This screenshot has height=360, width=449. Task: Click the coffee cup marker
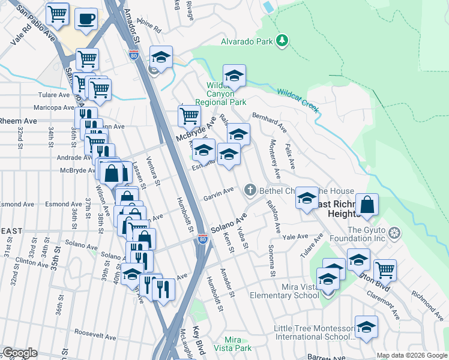tap(86, 19)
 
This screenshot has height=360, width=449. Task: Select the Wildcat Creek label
tap(297, 100)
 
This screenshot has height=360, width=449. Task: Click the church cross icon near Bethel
tap(251, 191)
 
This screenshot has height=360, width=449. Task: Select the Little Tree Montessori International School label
tap(313, 332)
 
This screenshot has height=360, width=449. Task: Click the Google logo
tap(19, 353)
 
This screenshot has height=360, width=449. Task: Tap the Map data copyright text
tap(412, 355)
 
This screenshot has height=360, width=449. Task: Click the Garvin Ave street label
tap(218, 194)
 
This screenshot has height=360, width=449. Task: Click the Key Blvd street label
tap(198, 338)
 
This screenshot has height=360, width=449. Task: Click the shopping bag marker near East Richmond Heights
tap(367, 205)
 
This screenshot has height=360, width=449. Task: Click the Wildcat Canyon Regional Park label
tap(226, 94)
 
